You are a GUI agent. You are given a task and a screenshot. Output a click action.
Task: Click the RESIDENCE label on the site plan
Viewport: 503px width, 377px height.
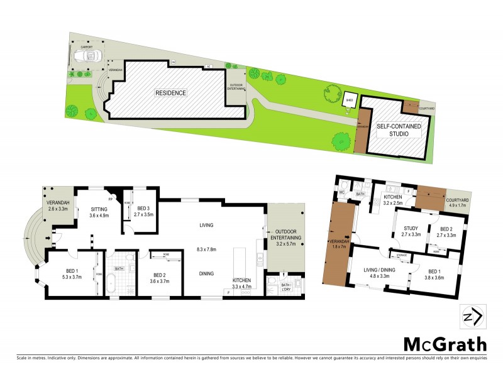click(171, 93)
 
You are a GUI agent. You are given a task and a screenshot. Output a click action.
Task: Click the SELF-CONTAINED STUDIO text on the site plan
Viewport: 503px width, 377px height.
click(399, 130)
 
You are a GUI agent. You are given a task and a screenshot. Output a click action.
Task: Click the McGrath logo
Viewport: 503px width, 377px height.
click(445, 344)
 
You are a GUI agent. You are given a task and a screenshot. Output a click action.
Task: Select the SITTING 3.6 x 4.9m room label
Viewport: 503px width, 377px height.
click(101, 211)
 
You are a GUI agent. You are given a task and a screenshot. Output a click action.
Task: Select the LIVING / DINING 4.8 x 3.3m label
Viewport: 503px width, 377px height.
click(379, 272)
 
